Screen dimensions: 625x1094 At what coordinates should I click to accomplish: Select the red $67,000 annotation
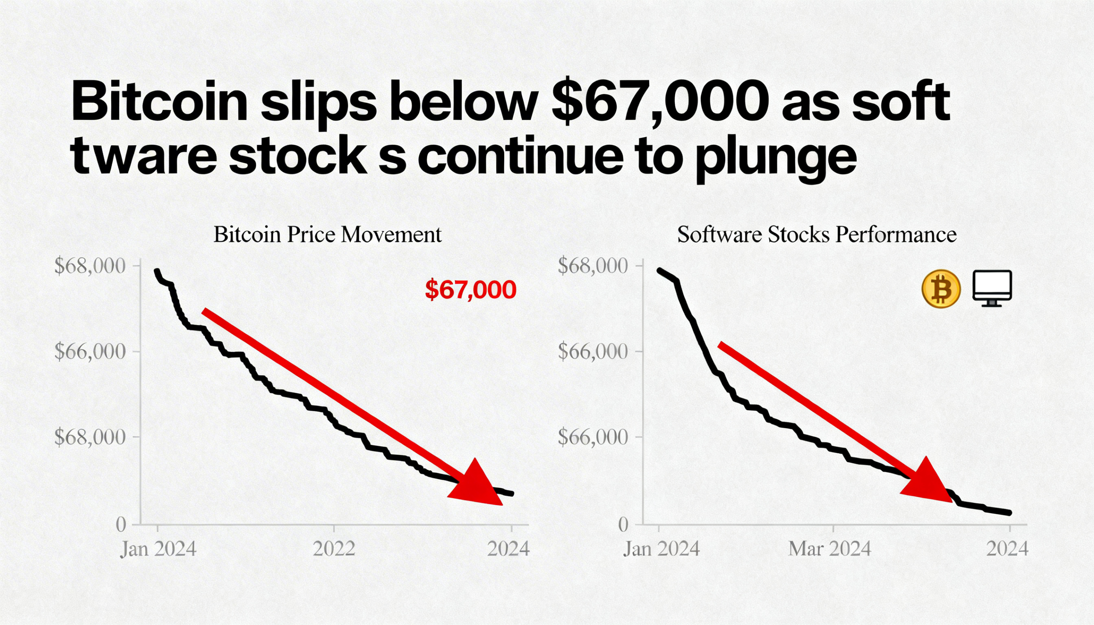pyautogui.click(x=471, y=290)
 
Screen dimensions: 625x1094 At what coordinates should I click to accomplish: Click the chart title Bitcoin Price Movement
pyautogui.click(x=327, y=235)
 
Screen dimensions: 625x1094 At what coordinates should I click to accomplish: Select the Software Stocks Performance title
pyautogui.click(x=817, y=235)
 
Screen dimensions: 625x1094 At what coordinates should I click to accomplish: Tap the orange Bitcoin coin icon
pyautogui.click(x=941, y=288)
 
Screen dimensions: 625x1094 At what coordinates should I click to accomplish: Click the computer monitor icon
pyautogui.click(x=992, y=288)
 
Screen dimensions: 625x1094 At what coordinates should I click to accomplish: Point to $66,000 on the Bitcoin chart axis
pyautogui.click(x=91, y=352)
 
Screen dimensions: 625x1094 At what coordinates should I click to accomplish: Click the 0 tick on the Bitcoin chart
pyautogui.click(x=121, y=525)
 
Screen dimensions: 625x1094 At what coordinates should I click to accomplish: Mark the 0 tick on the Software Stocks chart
pyautogui.click(x=624, y=525)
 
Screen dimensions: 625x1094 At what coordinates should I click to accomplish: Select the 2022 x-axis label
pyautogui.click(x=334, y=549)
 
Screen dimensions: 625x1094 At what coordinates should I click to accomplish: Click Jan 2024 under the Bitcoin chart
pyautogui.click(x=158, y=549)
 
